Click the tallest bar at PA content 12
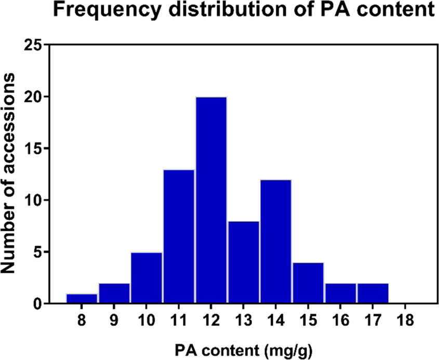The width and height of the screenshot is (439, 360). tap(211, 200)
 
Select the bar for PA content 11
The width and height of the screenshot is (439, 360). tap(179, 236)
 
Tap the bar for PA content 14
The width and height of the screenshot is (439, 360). tap(275, 242)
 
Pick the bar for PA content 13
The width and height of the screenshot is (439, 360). tap(243, 262)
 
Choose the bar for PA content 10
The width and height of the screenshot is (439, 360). tap(147, 278)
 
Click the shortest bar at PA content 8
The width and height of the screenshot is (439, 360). tap(82, 299)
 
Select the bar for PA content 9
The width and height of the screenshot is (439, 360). tap(114, 294)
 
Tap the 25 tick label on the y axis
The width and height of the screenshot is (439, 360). tap(32, 45)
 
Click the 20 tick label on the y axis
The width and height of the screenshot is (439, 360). tap(32, 97)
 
